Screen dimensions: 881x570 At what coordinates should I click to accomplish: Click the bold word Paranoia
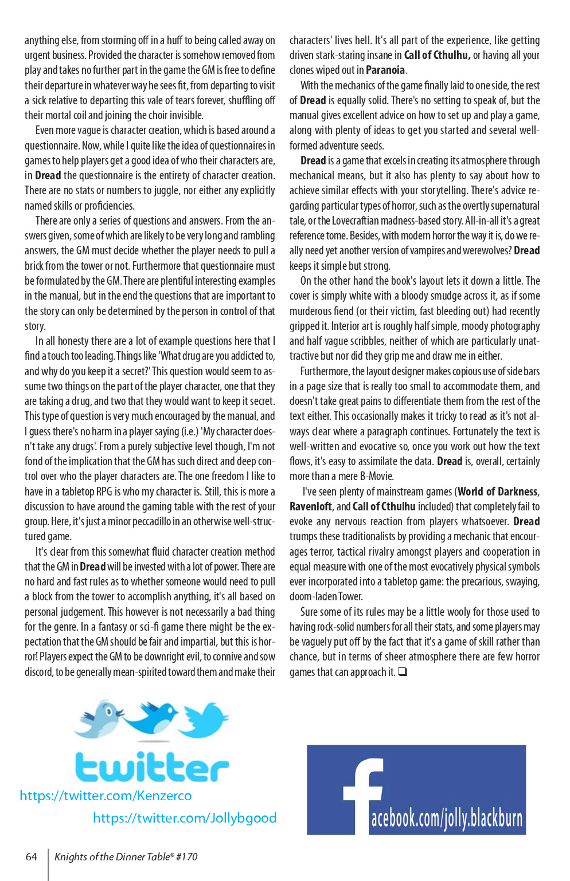[385, 70]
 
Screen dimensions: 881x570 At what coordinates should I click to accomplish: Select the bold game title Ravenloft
[310, 507]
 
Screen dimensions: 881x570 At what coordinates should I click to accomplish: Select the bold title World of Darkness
[498, 492]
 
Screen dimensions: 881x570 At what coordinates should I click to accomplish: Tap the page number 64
[32, 857]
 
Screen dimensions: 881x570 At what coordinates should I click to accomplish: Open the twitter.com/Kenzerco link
[106, 796]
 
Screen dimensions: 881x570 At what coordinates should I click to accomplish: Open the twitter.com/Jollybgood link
[185, 818]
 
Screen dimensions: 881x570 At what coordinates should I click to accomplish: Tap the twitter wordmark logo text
[152, 767]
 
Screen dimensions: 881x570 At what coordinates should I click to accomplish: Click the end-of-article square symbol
[403, 672]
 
